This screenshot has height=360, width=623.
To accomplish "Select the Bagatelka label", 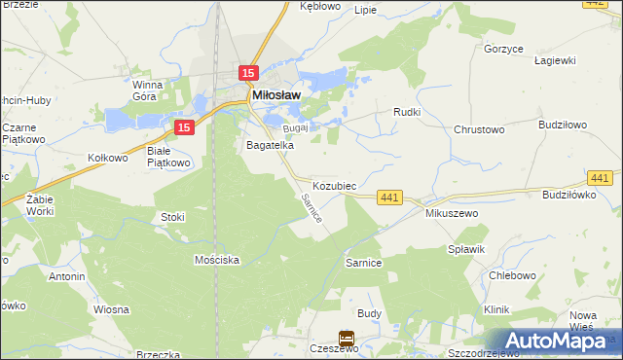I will pyautogui.click(x=270, y=145).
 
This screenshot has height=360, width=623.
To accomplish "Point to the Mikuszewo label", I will pyautogui.click(x=449, y=212).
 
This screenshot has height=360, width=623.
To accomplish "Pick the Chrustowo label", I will pyautogui.click(x=478, y=128).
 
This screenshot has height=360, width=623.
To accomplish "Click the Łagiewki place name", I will pyautogui.click(x=555, y=59).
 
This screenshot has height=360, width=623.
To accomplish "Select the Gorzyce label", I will pyautogui.click(x=503, y=47).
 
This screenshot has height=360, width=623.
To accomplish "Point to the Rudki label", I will pyautogui.click(x=406, y=112).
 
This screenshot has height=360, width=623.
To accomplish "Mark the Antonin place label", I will pyautogui.click(x=67, y=276).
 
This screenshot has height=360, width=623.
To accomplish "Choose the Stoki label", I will pyautogui.click(x=173, y=217).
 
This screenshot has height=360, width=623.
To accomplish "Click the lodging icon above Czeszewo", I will pyautogui.click(x=347, y=338).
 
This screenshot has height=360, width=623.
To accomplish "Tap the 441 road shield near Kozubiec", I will pyautogui.click(x=389, y=198).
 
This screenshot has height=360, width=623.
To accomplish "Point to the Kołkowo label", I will pyautogui.click(x=108, y=158).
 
